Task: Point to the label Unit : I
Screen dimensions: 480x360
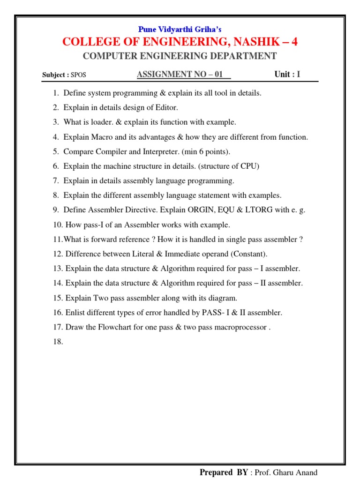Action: pos(287,74)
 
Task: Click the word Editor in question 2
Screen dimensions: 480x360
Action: pos(166,108)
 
